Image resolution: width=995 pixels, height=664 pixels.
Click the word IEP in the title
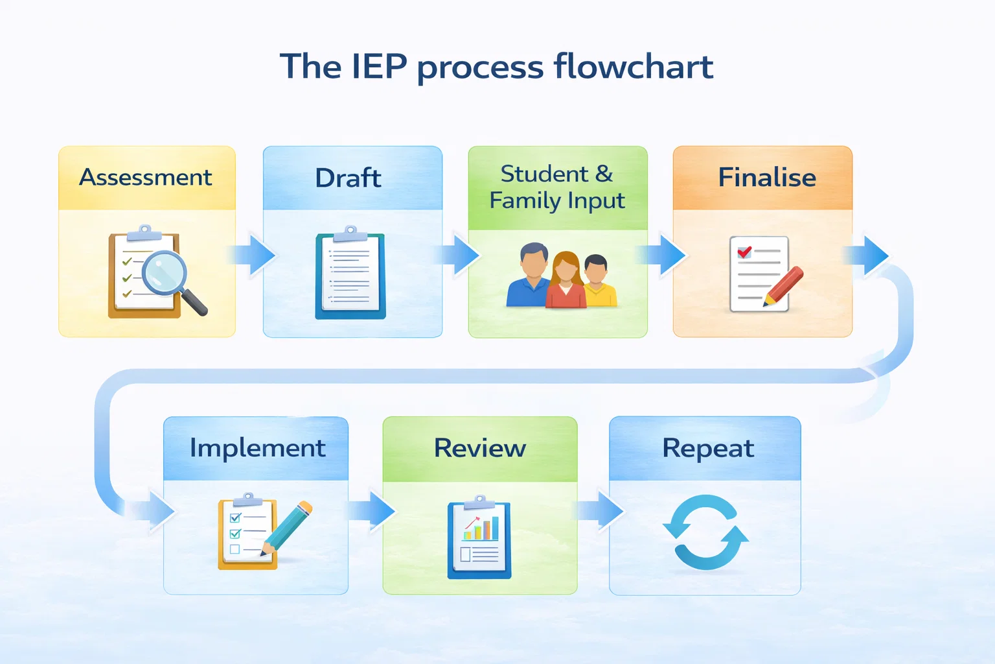(379, 67)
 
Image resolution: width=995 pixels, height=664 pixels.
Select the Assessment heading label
(146, 177)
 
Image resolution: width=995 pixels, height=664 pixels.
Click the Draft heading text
(348, 178)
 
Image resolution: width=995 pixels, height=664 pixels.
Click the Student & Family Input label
(557, 187)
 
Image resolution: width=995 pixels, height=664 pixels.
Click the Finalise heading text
(767, 177)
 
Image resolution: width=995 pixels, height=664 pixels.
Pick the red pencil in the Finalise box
(784, 285)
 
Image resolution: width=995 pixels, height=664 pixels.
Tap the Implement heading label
(257, 448)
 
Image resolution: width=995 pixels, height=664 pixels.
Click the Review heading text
(479, 448)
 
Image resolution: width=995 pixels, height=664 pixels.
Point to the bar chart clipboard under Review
(479, 538)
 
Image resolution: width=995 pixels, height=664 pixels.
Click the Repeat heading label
(708, 448)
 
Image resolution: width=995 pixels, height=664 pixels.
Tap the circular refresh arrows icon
(705, 532)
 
